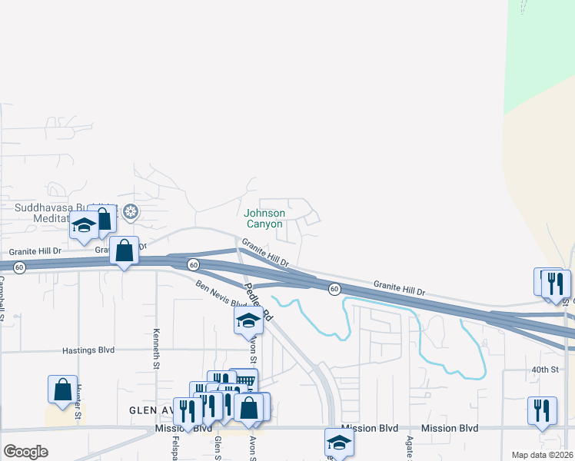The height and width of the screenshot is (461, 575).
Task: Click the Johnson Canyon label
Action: (264, 218)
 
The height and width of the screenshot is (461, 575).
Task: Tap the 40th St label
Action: (544, 370)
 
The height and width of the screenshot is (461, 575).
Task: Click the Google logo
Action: (25, 452)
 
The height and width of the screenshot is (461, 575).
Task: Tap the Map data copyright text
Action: (543, 455)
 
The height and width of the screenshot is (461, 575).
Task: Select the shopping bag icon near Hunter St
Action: (62, 390)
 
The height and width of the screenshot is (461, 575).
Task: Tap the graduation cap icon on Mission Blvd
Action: (339, 443)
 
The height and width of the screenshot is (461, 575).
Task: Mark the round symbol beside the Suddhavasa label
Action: (131, 211)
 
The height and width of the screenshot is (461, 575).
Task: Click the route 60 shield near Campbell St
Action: (19, 267)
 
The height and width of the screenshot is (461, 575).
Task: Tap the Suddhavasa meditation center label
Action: (63, 213)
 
